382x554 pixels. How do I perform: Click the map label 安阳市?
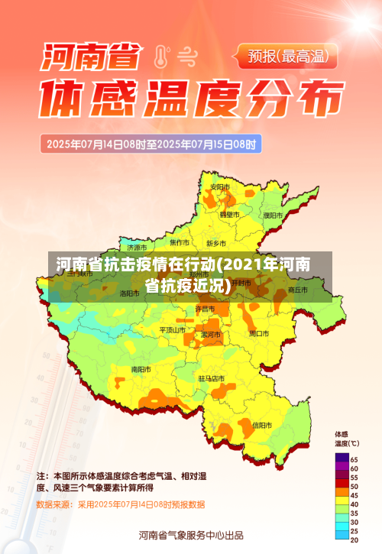[220, 187]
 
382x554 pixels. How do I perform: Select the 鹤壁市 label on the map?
[230, 215]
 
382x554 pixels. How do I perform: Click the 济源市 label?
[138, 248]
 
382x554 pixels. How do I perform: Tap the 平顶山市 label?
[172, 330]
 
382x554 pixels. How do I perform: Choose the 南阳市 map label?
[141, 369]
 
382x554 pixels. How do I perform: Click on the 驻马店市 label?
[212, 378]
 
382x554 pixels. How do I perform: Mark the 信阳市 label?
[261, 425]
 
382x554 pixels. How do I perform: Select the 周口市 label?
[258, 333]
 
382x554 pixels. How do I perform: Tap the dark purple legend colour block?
[342, 458]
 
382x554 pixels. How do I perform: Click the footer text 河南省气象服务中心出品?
[191, 535]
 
